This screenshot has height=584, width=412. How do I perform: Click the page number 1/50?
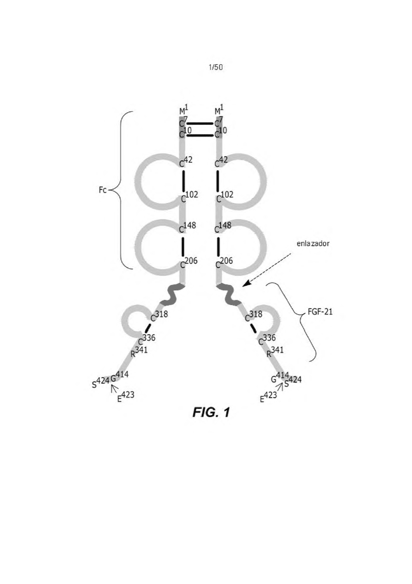pyautogui.click(x=216, y=67)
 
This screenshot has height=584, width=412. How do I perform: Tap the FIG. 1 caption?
pyautogui.click(x=211, y=412)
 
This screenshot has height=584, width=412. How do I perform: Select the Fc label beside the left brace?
pyautogui.click(x=103, y=190)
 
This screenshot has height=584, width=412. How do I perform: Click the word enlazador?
pyautogui.click(x=313, y=243)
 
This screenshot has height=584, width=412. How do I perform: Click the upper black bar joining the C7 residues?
pyautogui.click(x=200, y=123)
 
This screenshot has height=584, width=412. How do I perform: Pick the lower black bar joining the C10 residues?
pyautogui.click(x=200, y=135)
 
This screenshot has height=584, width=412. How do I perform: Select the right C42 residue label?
pyautogui.click(x=221, y=162)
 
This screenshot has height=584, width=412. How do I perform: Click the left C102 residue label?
pyautogui.click(x=189, y=197)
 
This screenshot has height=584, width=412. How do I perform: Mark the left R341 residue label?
pyautogui.click(x=139, y=352)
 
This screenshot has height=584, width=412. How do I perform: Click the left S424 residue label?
pyautogui.click(x=100, y=382)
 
